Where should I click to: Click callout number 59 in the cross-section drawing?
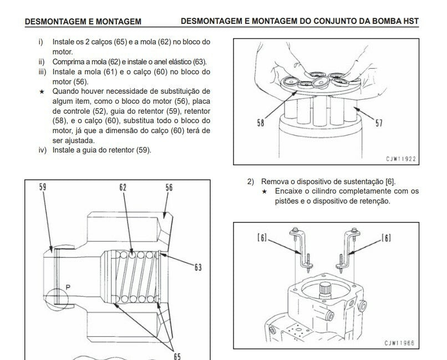(43, 187)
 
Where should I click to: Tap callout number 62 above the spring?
(123, 187)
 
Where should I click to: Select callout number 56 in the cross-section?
(169, 187)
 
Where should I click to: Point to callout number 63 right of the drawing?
(198, 267)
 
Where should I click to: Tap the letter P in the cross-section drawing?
(68, 286)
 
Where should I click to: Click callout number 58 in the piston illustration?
(261, 123)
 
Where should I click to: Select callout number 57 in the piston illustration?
(379, 123)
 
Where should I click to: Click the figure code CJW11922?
(401, 159)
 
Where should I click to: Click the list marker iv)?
(42, 150)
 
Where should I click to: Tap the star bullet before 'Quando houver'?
(42, 91)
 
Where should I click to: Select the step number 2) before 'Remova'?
(250, 181)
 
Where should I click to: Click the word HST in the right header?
(410, 22)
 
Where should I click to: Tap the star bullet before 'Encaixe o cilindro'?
(265, 191)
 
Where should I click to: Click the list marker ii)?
(42, 62)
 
